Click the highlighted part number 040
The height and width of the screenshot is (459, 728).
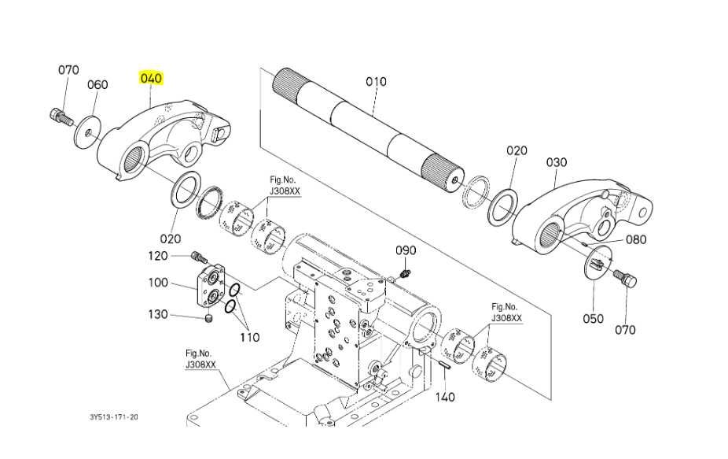coord(152,78)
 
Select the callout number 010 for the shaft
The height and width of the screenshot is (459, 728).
coord(376,81)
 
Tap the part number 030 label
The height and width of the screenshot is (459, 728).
coord(556,162)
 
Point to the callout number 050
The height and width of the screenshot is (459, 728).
coord(594,319)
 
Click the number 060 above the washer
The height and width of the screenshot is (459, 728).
coord(97,85)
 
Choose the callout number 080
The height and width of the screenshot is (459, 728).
coord(636,239)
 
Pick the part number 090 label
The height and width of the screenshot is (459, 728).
coord(406,250)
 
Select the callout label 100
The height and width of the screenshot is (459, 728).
coord(158,283)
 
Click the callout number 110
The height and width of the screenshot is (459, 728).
coord(250,337)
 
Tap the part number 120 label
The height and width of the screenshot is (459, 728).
coord(158,256)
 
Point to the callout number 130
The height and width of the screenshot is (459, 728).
coord(158,314)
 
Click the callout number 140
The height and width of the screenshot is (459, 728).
coord(445,397)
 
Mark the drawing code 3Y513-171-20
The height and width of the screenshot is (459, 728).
coord(114,417)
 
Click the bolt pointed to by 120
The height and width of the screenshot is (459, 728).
coord(199,256)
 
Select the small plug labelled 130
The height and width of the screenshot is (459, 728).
coord(209,319)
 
